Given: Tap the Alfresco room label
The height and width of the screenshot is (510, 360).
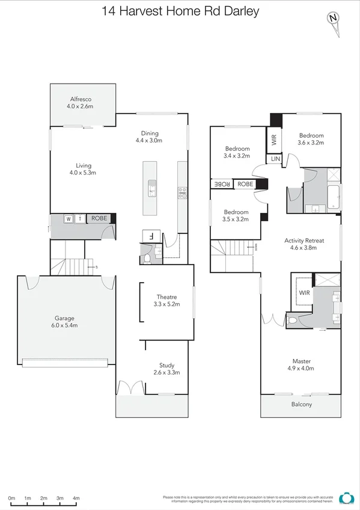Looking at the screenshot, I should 80,103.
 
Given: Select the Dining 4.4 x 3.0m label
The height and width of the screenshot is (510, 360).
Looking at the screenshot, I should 148,137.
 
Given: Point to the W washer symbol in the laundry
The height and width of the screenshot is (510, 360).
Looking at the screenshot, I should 69,218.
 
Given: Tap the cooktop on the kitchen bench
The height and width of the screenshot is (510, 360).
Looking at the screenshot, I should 182,192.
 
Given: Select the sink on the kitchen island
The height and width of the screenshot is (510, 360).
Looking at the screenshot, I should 152,186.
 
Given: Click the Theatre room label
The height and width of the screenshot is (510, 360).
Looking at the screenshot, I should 166,301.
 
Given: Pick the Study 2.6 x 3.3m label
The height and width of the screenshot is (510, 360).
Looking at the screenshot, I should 166,369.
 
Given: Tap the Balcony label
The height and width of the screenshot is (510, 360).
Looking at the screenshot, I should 302,404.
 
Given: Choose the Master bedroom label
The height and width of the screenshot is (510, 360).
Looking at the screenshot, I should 302,364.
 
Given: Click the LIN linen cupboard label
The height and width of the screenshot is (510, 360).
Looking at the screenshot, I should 275,159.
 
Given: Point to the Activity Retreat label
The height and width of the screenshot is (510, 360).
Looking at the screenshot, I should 304,244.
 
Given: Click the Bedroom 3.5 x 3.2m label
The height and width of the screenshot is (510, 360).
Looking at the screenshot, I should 236,216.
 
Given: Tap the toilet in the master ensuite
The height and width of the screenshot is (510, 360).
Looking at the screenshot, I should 293,321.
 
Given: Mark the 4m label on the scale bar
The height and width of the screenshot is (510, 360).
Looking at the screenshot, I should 76,499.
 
